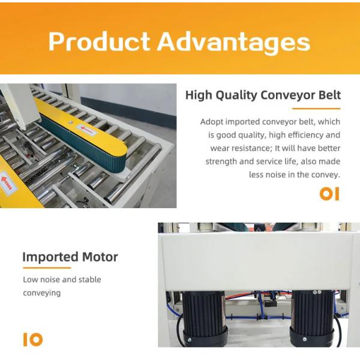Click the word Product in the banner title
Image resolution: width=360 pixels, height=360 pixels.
(x=99, y=42)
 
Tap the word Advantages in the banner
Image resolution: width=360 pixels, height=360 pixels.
(x=234, y=42)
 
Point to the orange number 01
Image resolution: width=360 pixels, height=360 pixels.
(x=329, y=194)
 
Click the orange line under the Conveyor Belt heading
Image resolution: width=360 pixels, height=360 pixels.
(x=316, y=109)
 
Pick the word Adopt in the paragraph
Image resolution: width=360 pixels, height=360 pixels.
(x=211, y=122)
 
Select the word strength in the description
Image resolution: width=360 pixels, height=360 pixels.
(x=221, y=161)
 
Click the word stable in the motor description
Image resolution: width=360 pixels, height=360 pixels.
(x=88, y=280)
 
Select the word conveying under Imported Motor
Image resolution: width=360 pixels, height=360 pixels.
(x=42, y=293)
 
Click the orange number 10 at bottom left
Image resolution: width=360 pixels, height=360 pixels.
(x=33, y=339)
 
